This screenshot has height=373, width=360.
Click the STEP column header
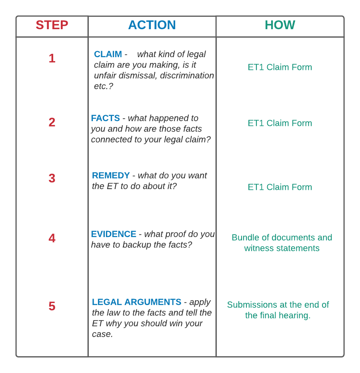(52, 25)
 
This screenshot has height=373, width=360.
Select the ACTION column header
(152, 25)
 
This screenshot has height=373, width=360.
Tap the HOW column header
(280, 25)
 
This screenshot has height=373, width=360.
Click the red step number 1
(52, 58)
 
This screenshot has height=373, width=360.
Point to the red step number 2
(52, 122)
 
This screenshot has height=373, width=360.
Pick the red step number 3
(52, 178)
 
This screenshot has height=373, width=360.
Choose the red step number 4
(52, 238)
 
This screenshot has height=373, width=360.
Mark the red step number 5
(52, 306)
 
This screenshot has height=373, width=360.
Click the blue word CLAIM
(108, 54)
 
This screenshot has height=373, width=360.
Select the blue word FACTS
(106, 118)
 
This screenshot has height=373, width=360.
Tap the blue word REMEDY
(111, 176)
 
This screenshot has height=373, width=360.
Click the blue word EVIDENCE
(114, 234)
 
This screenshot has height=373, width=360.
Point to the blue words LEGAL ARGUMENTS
(136, 302)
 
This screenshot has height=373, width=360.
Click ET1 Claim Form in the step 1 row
(280, 67)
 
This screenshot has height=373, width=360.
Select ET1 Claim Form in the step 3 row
(280, 187)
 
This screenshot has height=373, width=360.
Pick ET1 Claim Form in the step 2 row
(280, 123)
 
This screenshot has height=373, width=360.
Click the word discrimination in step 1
(187, 76)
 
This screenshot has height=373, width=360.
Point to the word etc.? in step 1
(104, 86)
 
